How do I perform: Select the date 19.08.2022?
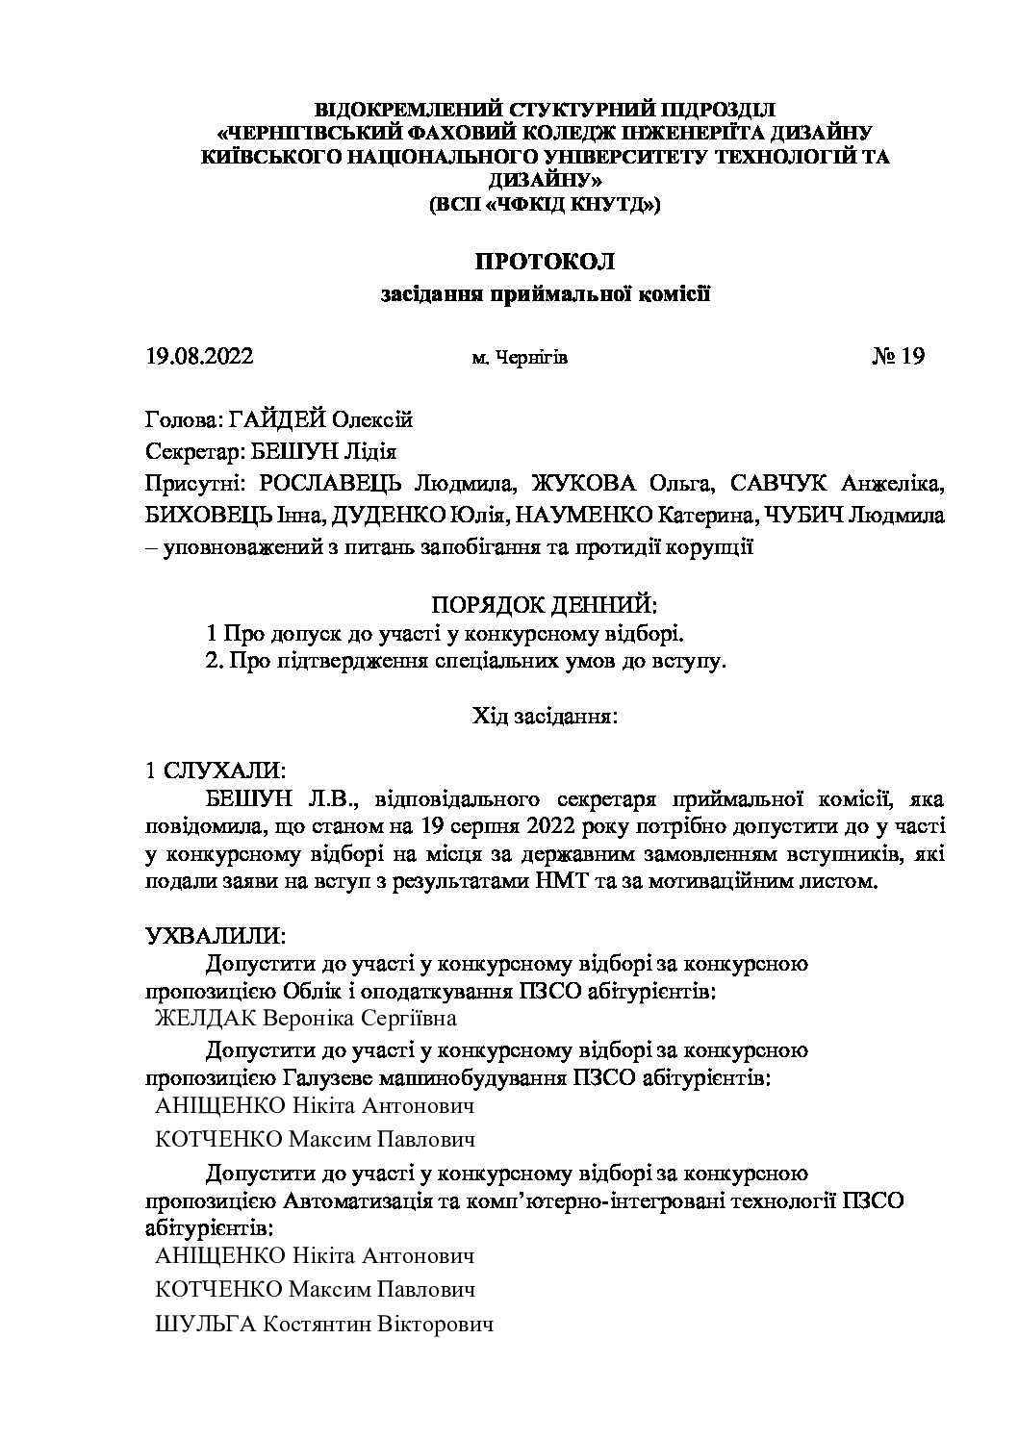tap(199, 358)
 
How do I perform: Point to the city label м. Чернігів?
tap(520, 359)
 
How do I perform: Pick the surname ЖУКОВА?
tap(581, 483)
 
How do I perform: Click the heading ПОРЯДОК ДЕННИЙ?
tap(546, 605)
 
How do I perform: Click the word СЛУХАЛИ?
tap(223, 771)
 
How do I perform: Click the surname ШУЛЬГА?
tap(205, 1325)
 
